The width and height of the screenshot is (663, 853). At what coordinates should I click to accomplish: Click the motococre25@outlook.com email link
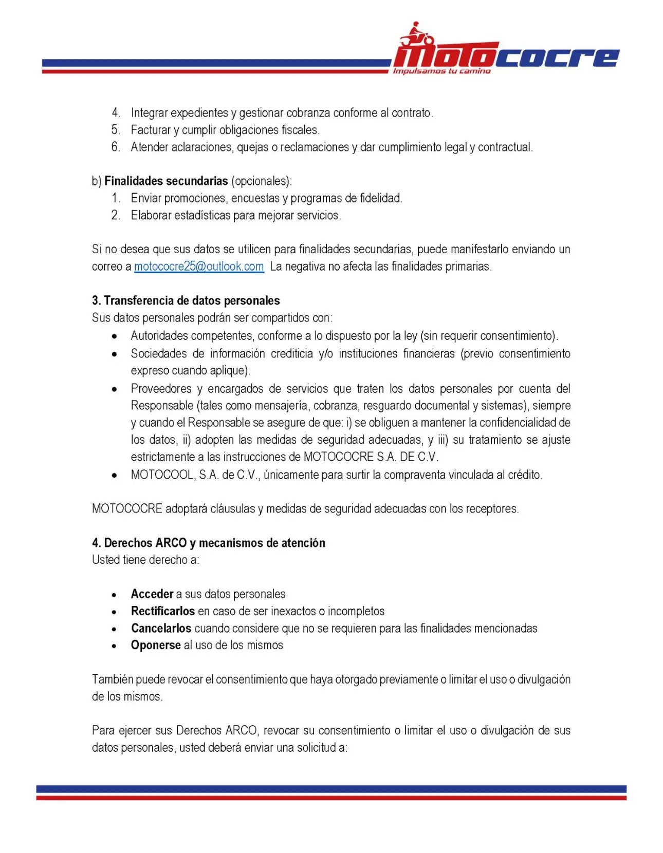point(199,267)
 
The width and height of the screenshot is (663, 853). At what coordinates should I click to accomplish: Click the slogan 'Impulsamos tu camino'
point(441,71)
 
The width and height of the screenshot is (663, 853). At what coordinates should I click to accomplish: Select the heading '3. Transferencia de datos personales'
point(186,300)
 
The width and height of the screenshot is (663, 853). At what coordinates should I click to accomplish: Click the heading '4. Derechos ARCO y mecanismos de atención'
point(208,543)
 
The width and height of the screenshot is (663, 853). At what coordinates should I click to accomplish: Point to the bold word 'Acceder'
point(152,594)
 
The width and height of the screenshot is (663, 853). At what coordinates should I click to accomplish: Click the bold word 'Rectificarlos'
point(162,611)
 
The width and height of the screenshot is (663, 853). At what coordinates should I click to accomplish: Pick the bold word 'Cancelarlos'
point(161,628)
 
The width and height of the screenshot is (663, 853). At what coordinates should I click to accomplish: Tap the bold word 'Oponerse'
point(156,645)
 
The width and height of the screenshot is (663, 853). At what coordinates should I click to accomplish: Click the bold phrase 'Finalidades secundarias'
point(166,181)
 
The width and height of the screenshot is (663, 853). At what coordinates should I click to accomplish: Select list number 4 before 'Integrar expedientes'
point(116,112)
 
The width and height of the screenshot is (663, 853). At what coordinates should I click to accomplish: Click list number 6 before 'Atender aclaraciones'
point(116,147)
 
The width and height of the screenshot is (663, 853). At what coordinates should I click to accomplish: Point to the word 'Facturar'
point(151,130)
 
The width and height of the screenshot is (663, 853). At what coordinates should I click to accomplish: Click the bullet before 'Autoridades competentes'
point(115,336)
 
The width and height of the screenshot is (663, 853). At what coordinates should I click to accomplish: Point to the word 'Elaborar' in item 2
point(151,215)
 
